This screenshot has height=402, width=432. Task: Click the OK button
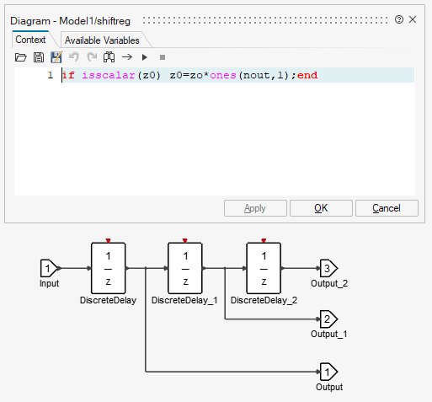[321, 208]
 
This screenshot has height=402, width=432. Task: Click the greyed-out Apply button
[255, 208]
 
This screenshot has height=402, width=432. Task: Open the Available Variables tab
[102, 40]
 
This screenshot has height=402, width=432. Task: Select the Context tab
[30, 40]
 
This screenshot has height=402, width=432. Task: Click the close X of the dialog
[413, 19]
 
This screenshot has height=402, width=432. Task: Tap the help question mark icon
[399, 19]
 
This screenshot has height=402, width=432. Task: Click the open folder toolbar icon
[20, 57]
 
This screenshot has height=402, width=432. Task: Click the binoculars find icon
[109, 57]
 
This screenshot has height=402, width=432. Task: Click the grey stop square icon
[163, 57]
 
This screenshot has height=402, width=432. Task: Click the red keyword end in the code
[307, 75]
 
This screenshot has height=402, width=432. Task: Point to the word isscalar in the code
[109, 75]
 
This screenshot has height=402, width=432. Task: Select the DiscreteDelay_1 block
[185, 268]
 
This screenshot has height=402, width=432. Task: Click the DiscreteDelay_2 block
[264, 268]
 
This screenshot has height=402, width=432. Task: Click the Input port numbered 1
[49, 268]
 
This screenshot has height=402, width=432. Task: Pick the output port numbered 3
[328, 268]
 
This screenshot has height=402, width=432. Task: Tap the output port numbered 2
[328, 319]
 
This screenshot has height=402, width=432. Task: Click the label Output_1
[329, 334]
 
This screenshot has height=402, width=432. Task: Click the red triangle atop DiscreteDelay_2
[264, 240]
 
